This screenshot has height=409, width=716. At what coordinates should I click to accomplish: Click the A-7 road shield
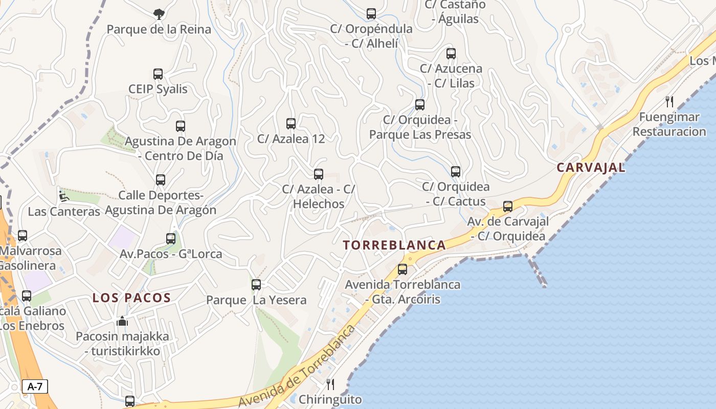(35, 387)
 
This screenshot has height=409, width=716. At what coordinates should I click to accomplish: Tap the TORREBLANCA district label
(394, 245)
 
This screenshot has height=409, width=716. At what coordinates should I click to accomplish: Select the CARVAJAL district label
(591, 167)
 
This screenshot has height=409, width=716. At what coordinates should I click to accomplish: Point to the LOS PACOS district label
(131, 298)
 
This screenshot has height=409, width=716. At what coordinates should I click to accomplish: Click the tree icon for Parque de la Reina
(159, 14)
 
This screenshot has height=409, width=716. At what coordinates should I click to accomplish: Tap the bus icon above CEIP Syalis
(158, 74)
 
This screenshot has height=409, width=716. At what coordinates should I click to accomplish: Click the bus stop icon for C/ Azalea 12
(291, 124)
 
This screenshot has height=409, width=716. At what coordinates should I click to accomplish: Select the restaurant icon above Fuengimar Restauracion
(669, 102)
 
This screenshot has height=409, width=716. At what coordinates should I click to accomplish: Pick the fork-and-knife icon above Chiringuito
(330, 384)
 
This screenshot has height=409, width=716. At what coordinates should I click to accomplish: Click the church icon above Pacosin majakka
(122, 322)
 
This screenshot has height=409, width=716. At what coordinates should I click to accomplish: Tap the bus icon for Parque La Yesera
(256, 285)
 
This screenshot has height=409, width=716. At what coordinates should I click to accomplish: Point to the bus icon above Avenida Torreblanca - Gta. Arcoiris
(402, 269)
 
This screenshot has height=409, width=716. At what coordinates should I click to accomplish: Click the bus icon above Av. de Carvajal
(508, 207)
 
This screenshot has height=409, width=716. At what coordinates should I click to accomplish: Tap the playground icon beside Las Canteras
(63, 196)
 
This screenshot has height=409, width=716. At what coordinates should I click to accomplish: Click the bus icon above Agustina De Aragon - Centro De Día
(180, 126)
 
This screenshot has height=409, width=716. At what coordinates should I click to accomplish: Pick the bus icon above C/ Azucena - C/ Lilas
(451, 54)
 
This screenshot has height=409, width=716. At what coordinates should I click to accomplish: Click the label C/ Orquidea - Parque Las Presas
(420, 127)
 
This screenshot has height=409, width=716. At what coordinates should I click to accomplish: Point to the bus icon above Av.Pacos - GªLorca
(171, 239)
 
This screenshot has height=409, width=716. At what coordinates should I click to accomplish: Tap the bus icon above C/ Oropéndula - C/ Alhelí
(371, 14)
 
